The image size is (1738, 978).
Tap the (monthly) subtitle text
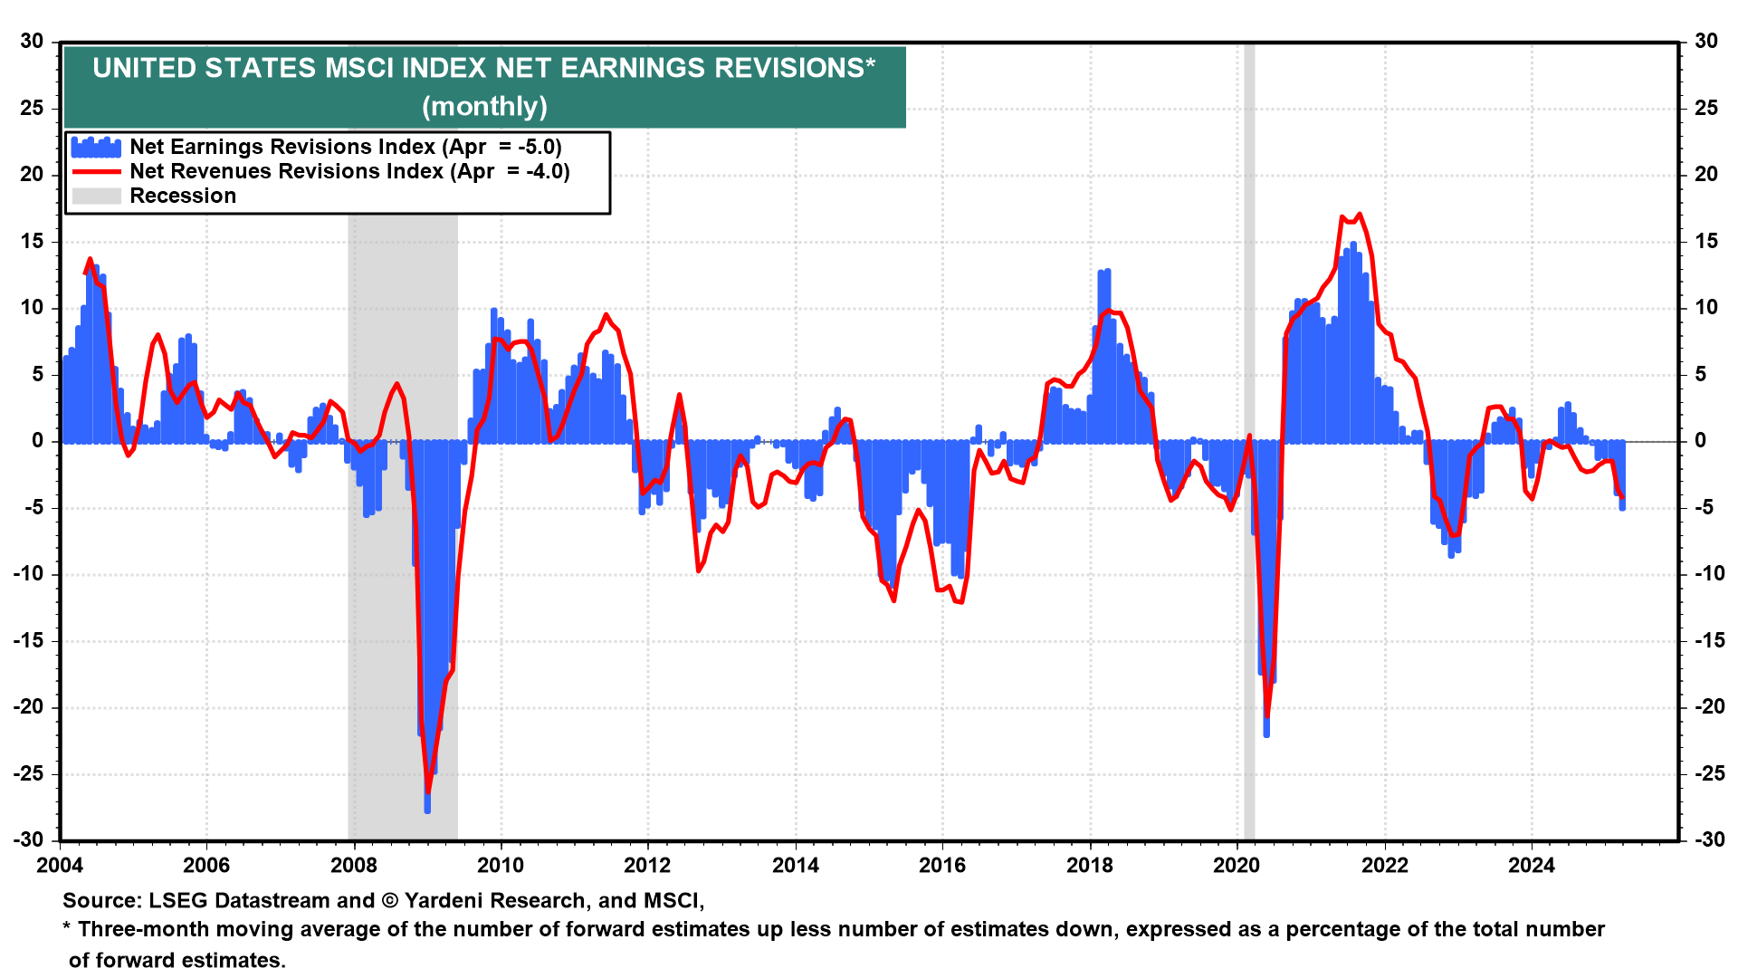[484, 107]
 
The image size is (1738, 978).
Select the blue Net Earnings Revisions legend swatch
[96, 148]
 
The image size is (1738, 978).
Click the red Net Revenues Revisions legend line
[96, 172]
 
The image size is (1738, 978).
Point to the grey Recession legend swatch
[96, 197]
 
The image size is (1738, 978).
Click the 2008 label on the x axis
[354, 866]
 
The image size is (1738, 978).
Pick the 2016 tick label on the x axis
[942, 866]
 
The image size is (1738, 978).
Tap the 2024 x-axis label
[1531, 866]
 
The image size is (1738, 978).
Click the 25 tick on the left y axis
[32, 109]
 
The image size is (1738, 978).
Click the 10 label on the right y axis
[1706, 308]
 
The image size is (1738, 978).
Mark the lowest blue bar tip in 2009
[427, 810]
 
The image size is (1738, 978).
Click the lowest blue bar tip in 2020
[1266, 734]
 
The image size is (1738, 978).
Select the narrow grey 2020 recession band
[1249, 543]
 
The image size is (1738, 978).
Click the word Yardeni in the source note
[444, 901]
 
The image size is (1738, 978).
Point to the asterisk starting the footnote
[67, 929]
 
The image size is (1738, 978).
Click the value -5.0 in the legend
[540, 148]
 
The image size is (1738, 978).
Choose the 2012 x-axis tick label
[648, 866]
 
